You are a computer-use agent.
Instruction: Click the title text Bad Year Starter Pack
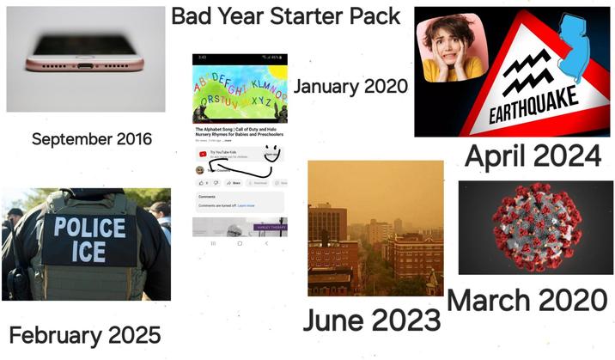pos(285,16)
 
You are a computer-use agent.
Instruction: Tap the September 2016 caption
pos(91,138)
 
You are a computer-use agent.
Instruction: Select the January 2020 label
pos(350,86)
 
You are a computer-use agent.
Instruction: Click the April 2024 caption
pos(532,156)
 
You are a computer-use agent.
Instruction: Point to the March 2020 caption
pos(527,300)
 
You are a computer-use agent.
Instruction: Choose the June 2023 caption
pos(371,319)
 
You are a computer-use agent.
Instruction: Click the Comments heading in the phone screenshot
pos(206,197)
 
